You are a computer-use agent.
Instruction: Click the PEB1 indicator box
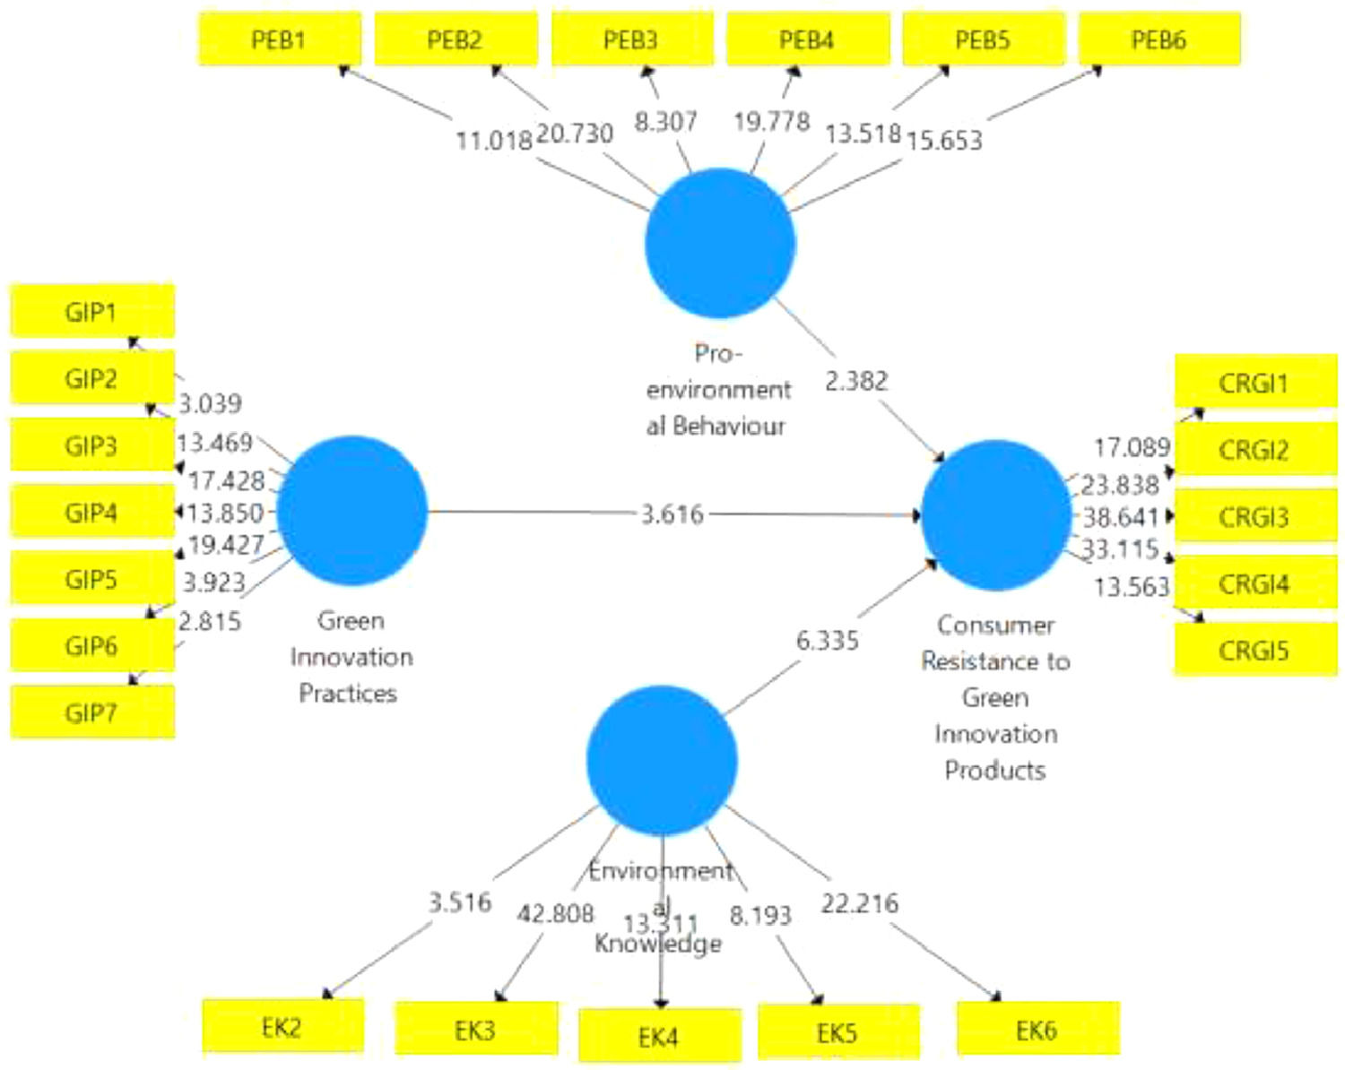(279, 39)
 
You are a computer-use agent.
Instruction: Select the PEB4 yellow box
(807, 39)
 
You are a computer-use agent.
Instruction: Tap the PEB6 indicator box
(1159, 39)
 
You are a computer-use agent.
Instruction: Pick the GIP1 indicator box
(91, 312)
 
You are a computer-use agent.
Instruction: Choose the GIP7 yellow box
(91, 713)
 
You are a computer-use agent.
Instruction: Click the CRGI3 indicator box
(1254, 517)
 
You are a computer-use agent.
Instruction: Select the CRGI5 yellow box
(1254, 651)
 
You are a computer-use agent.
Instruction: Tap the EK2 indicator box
(282, 1027)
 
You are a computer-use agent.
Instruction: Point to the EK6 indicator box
(1037, 1031)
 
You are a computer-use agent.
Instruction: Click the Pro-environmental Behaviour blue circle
(720, 243)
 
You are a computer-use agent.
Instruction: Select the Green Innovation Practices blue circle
(352, 511)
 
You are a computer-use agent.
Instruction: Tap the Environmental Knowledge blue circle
(662, 760)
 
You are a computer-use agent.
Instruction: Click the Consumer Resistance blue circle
(996, 515)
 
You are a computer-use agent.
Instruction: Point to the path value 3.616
(672, 514)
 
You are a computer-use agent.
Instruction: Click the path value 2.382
(856, 382)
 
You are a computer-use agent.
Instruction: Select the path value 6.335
(828, 641)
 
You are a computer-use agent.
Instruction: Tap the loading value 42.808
(555, 913)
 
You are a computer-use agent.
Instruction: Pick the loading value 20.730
(575, 134)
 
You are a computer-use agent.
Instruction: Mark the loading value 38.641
(1121, 517)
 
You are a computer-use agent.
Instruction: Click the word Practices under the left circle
(348, 694)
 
